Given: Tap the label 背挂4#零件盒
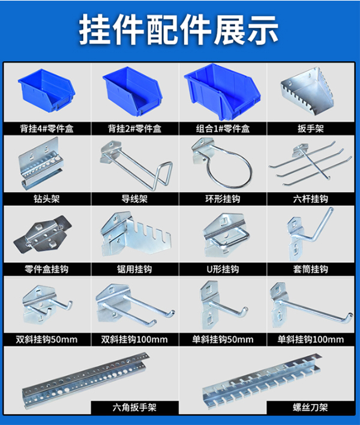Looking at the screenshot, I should pos(47,128).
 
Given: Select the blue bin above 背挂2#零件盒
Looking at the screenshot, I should pos(134,92).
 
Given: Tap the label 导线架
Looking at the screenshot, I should pos(135,199).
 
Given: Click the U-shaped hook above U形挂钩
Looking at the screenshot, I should pos(223,234).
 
